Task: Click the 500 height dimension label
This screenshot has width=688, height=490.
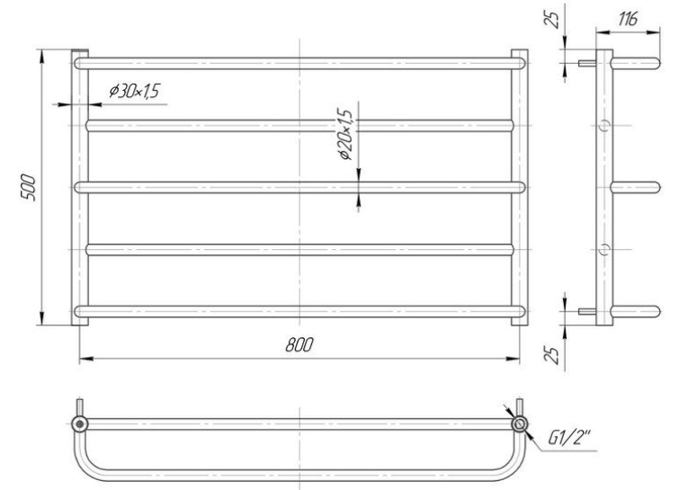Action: pyautogui.click(x=28, y=187)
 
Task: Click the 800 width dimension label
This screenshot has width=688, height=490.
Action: pyautogui.click(x=299, y=345)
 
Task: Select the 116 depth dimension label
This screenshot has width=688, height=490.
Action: pyautogui.click(x=628, y=19)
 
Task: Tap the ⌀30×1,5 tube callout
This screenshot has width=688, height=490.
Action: pyautogui.click(x=134, y=91)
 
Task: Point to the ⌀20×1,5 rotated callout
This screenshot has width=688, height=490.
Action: pyautogui.click(x=344, y=134)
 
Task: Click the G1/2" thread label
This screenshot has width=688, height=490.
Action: pyautogui.click(x=570, y=437)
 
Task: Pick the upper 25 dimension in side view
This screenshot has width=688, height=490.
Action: pyautogui.click(x=554, y=19)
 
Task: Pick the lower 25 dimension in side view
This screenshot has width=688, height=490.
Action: pyautogui.click(x=554, y=355)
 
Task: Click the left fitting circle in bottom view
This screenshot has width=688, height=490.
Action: pyautogui.click(x=80, y=423)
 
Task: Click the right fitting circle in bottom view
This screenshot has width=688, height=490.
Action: pyautogui.click(x=520, y=423)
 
